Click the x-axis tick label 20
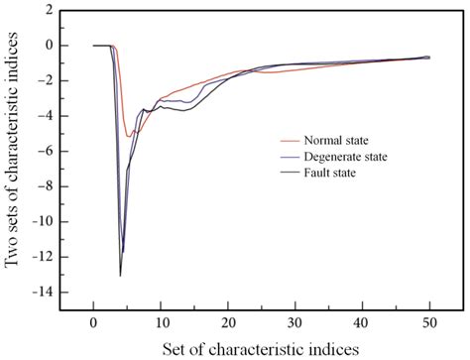pyautogui.click(x=227, y=321)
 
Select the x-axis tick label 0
pyautogui.click(x=93, y=321)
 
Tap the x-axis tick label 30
pyautogui.click(x=294, y=321)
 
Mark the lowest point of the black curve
pyautogui.click(x=120, y=275)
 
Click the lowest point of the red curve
pyautogui.click(x=129, y=136)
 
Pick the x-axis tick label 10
pyautogui.click(x=161, y=321)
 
